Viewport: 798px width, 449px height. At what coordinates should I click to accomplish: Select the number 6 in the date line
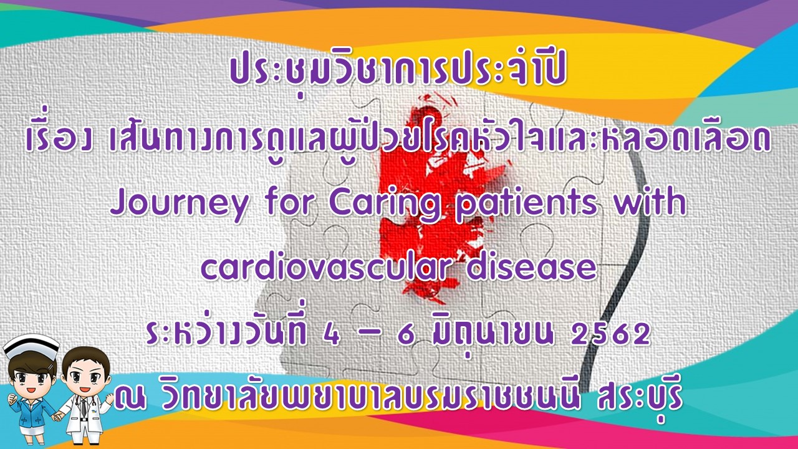pyautogui.click(x=405, y=336)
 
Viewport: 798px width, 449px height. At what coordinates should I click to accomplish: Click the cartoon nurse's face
pyautogui.click(x=31, y=379)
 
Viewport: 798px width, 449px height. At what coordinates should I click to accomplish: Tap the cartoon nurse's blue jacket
pyautogui.click(x=31, y=413)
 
